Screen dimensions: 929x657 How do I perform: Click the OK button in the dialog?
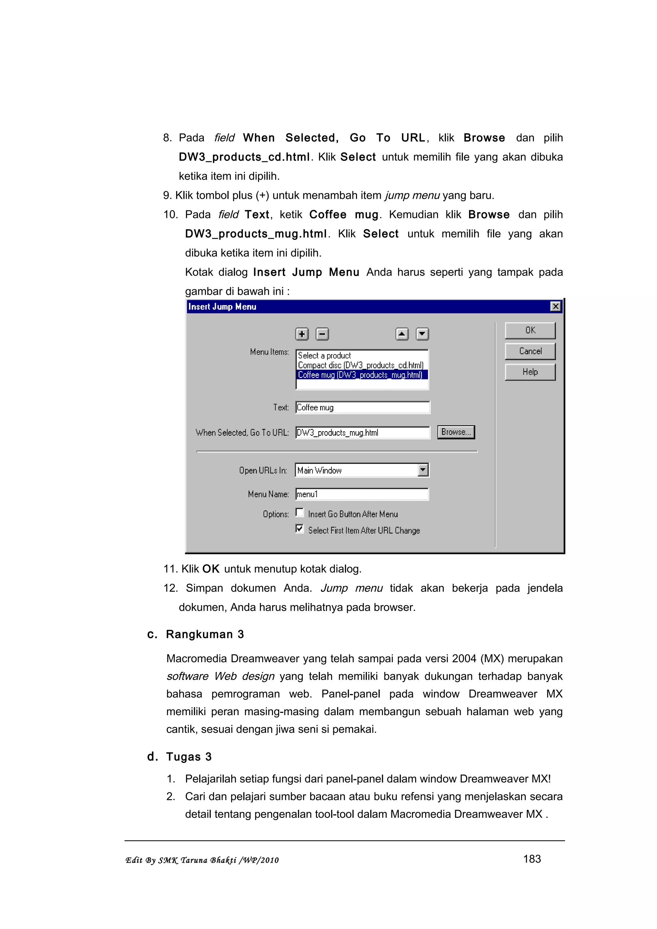click(x=530, y=330)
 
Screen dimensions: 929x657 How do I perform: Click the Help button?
click(x=530, y=372)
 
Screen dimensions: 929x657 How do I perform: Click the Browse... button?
click(x=456, y=432)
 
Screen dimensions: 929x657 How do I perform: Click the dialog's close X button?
click(x=555, y=306)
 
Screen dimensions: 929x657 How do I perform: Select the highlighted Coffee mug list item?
click(x=360, y=375)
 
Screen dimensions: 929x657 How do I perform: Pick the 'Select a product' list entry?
click(x=324, y=355)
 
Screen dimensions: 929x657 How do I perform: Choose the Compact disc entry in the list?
click(x=360, y=365)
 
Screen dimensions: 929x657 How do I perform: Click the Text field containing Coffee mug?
click(x=362, y=407)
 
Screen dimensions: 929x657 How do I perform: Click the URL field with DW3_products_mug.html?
click(x=362, y=432)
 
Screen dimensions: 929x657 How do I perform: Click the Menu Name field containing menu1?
click(x=362, y=494)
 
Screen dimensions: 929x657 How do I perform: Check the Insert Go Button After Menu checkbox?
click(x=300, y=513)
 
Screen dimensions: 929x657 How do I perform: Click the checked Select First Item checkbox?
click(x=300, y=529)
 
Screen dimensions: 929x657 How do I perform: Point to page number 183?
click(x=532, y=858)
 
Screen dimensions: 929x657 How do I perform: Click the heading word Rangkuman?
click(x=199, y=634)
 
